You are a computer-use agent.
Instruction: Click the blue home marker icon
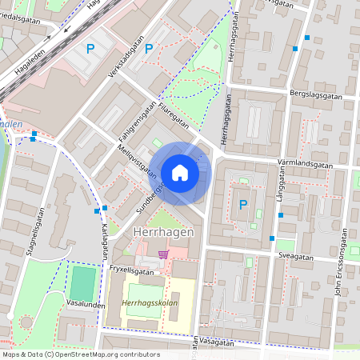180,173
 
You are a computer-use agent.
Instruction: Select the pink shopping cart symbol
164,254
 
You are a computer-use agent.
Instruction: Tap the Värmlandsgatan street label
305,163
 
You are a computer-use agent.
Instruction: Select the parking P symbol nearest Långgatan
243,205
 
